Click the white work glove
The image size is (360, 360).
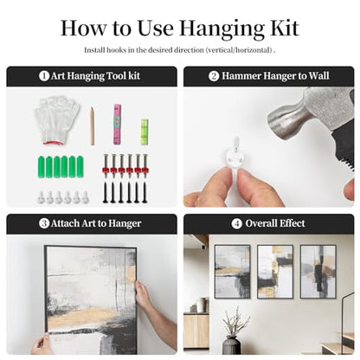[x=57, y=119]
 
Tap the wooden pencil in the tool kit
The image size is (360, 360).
[x=92, y=126]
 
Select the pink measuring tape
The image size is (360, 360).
[x=117, y=125]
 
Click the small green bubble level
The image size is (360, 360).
[x=145, y=132]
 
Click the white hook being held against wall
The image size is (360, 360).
[x=236, y=155]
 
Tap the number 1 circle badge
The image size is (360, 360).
[x=44, y=76]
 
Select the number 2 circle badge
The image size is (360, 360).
[x=214, y=76]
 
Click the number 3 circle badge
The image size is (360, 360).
[x=44, y=223]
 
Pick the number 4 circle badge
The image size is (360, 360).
[x=236, y=223]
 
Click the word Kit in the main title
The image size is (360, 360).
[x=284, y=29]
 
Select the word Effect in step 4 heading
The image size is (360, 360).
[x=290, y=223]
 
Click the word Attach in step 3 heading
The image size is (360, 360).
[x=65, y=223]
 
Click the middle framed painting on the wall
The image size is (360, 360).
[x=275, y=272]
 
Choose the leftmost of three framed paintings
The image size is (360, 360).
[x=232, y=272]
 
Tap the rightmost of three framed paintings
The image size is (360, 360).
[x=318, y=272]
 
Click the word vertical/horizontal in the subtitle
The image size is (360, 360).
[x=239, y=50]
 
